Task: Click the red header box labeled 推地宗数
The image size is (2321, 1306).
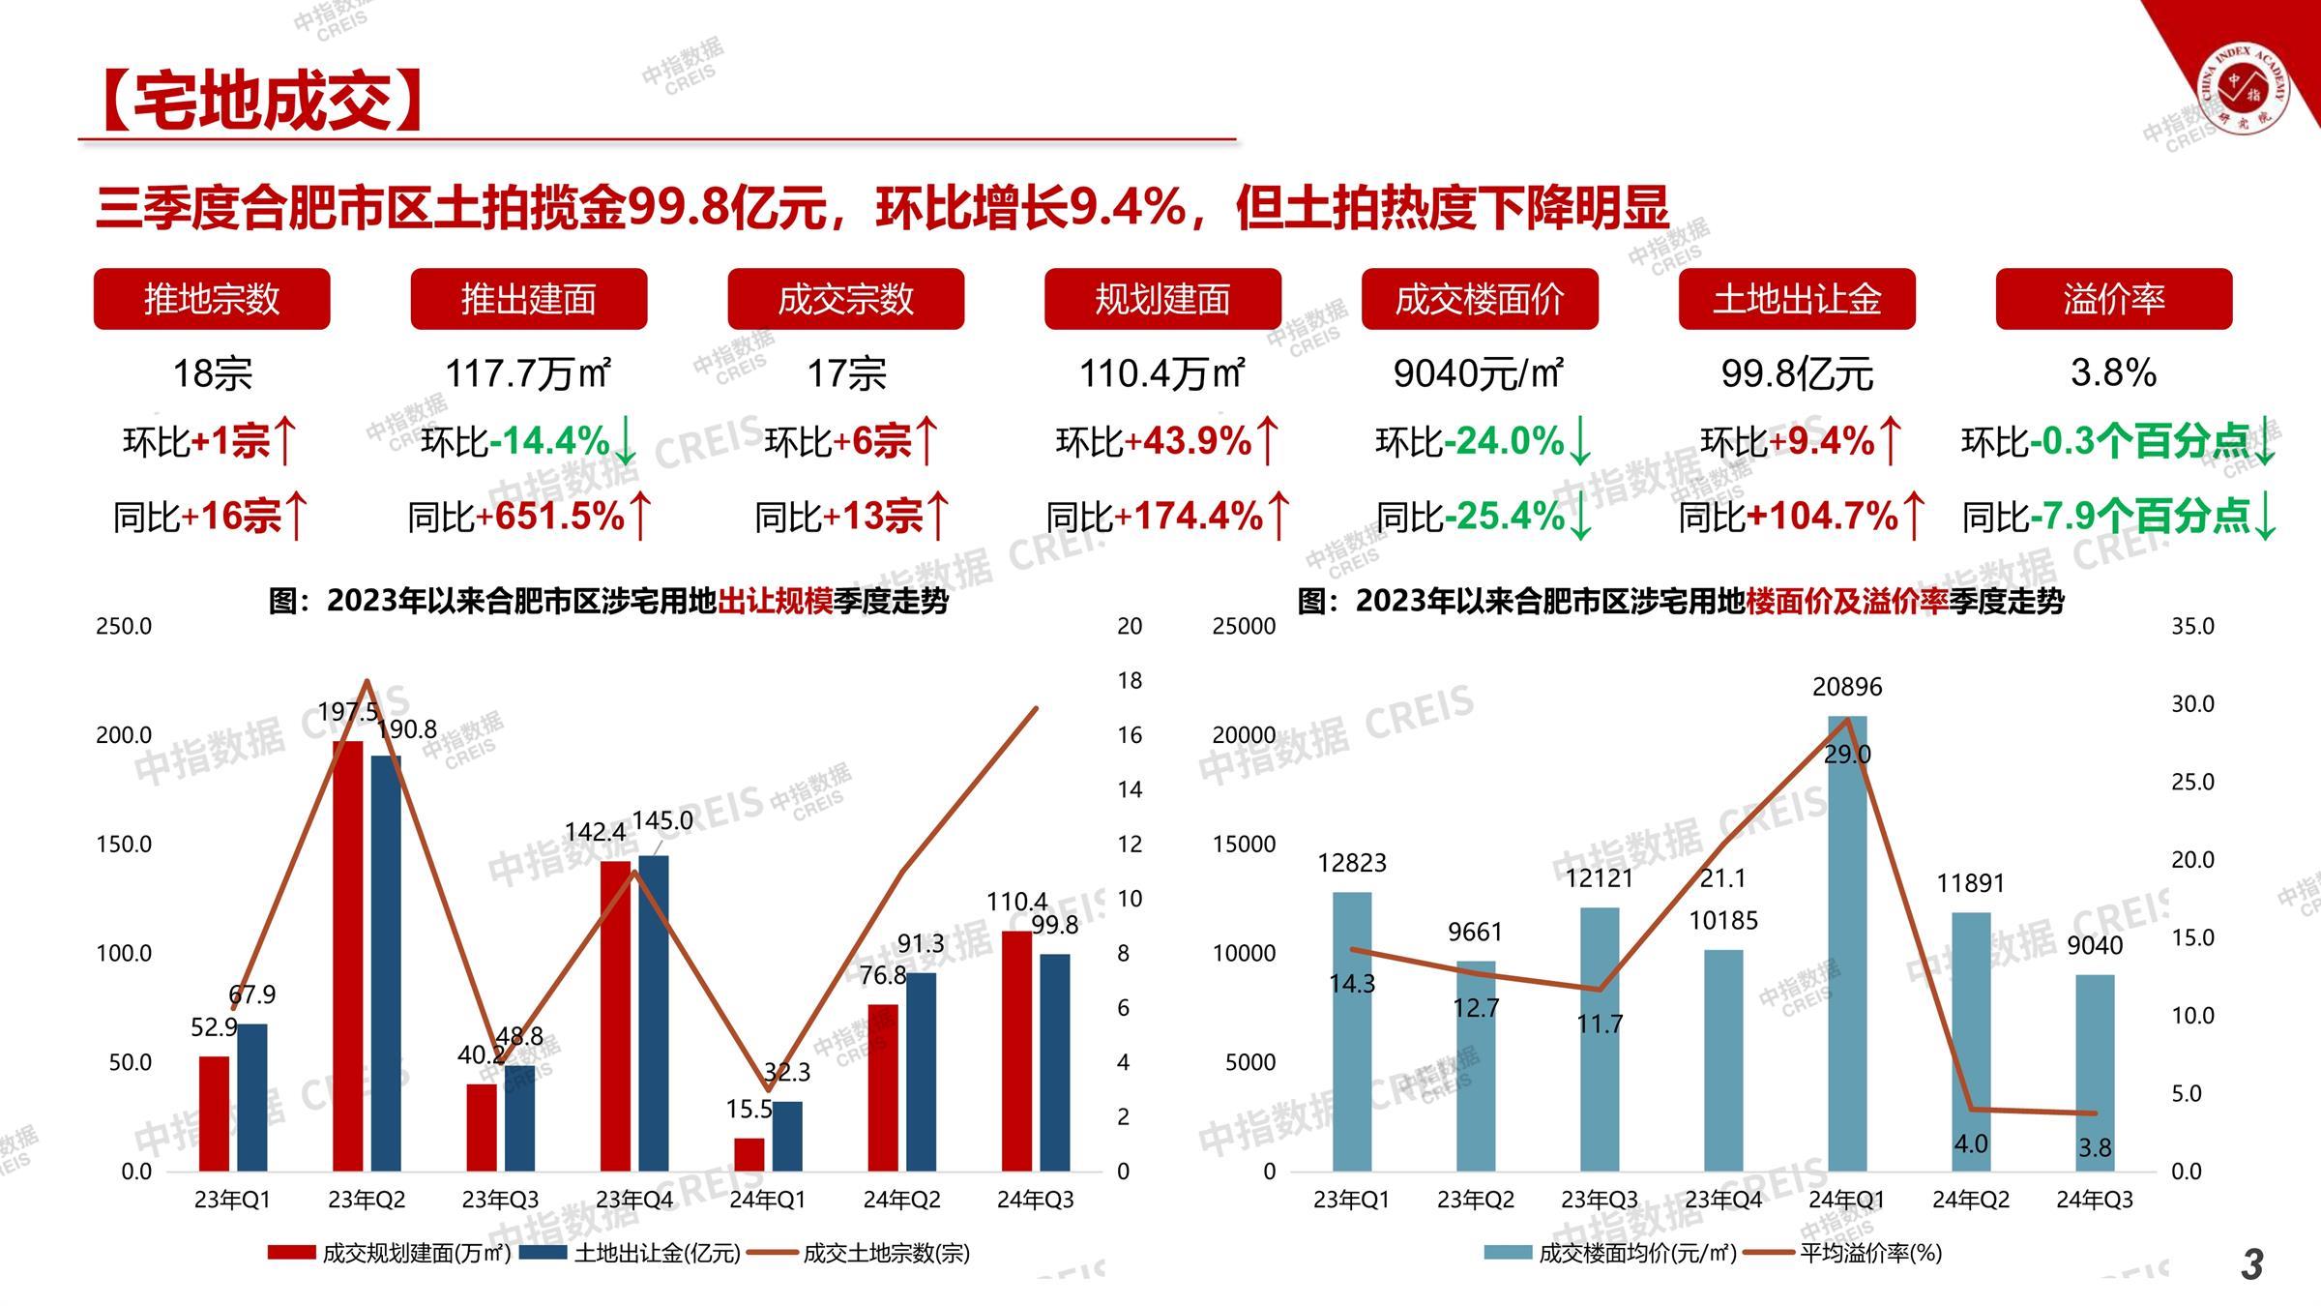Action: pos(212,299)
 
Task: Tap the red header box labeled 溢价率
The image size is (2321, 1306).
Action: pos(2113,299)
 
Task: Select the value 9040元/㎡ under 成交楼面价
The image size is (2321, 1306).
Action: pos(1479,373)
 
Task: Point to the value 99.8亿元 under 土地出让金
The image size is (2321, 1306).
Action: pos(1797,373)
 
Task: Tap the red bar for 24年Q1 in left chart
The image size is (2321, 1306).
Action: pos(749,1154)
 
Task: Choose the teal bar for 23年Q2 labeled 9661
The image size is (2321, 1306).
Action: pos(1476,1065)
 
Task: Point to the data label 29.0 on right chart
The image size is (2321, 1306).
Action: pos(1847,755)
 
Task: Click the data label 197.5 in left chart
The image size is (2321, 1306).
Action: pos(348,713)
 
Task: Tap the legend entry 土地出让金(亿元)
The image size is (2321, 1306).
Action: pos(657,1254)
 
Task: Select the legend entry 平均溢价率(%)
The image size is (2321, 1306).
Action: pos(1870,1254)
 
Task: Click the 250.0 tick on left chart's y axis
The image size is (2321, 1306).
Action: pos(124,626)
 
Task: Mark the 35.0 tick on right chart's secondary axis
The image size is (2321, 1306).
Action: pos(2192,626)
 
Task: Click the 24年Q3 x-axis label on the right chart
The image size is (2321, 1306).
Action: pos(2094,1200)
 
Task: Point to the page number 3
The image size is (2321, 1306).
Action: pos(2252,1264)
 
